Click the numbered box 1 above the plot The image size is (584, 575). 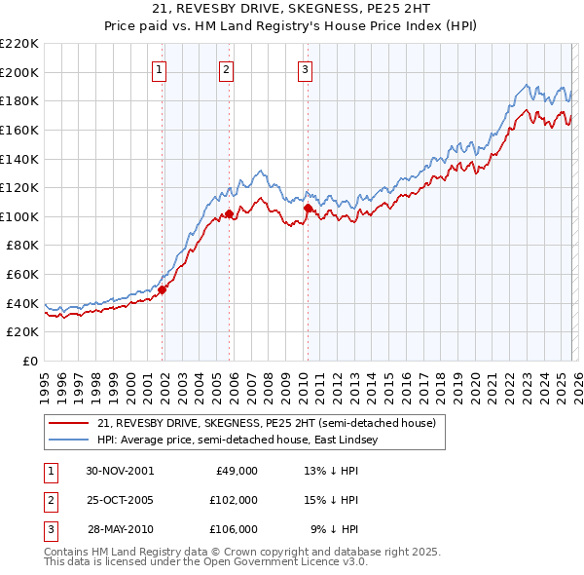[x=159, y=69]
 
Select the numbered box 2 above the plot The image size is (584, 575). [x=226, y=69]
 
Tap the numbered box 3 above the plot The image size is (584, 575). [x=305, y=69]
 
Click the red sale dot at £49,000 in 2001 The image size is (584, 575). [x=163, y=289]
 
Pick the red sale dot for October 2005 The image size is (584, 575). [x=229, y=213]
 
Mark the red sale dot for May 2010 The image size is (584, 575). [x=308, y=208]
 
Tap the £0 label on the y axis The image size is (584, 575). [x=28, y=361]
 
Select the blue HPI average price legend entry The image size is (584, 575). [x=235, y=441]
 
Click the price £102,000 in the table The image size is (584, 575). [x=234, y=500]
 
